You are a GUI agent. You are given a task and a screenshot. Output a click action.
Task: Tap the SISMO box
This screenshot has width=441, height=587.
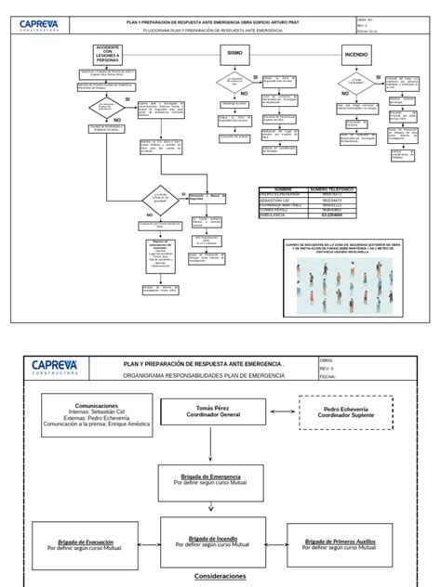click(x=234, y=55)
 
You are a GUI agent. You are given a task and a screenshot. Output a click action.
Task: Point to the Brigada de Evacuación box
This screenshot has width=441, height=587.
click(x=86, y=544)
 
